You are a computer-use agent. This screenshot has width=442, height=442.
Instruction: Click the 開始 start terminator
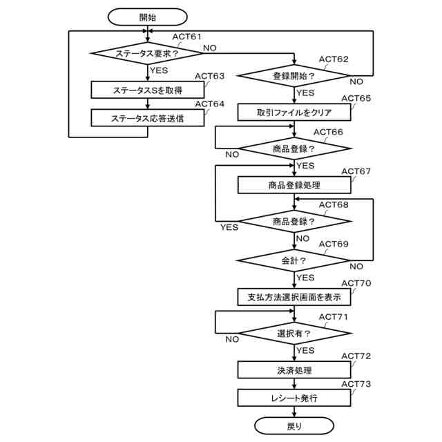click(147, 17)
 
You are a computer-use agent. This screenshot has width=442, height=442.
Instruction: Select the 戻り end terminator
click(294, 426)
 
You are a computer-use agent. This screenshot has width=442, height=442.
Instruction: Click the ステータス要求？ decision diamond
click(147, 53)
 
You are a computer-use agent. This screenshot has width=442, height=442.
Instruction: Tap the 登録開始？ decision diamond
click(294, 75)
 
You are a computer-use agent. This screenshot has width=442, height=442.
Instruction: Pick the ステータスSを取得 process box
click(147, 90)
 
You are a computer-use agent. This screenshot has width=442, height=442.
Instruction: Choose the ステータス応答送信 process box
click(147, 118)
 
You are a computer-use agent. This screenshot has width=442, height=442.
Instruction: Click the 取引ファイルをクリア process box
click(294, 112)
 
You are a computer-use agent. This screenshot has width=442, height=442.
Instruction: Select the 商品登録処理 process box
click(294, 185)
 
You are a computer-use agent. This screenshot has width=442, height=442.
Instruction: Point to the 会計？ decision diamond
click(294, 260)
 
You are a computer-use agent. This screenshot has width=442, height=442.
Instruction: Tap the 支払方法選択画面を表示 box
click(294, 297)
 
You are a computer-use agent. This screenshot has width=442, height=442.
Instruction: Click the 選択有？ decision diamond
click(294, 333)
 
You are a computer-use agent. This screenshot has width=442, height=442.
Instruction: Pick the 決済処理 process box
click(294, 370)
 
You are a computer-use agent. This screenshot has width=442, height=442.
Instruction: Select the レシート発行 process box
click(294, 398)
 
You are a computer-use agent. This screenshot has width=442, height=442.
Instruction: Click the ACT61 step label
click(187, 37)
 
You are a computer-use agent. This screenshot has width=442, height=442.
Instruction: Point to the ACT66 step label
click(328, 132)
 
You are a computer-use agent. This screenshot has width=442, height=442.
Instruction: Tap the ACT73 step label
click(356, 384)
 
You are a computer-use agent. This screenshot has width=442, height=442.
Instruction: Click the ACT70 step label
click(356, 283)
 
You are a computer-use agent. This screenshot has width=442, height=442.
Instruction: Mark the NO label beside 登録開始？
click(356, 81)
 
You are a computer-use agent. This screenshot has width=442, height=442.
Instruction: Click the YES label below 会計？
click(305, 278)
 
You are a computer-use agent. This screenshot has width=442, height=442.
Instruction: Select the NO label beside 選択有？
click(232, 339)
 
